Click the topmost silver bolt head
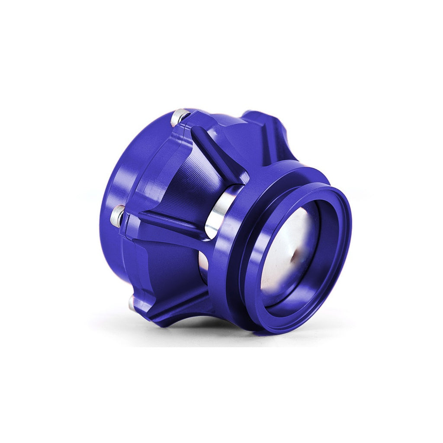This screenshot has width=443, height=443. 180,116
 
